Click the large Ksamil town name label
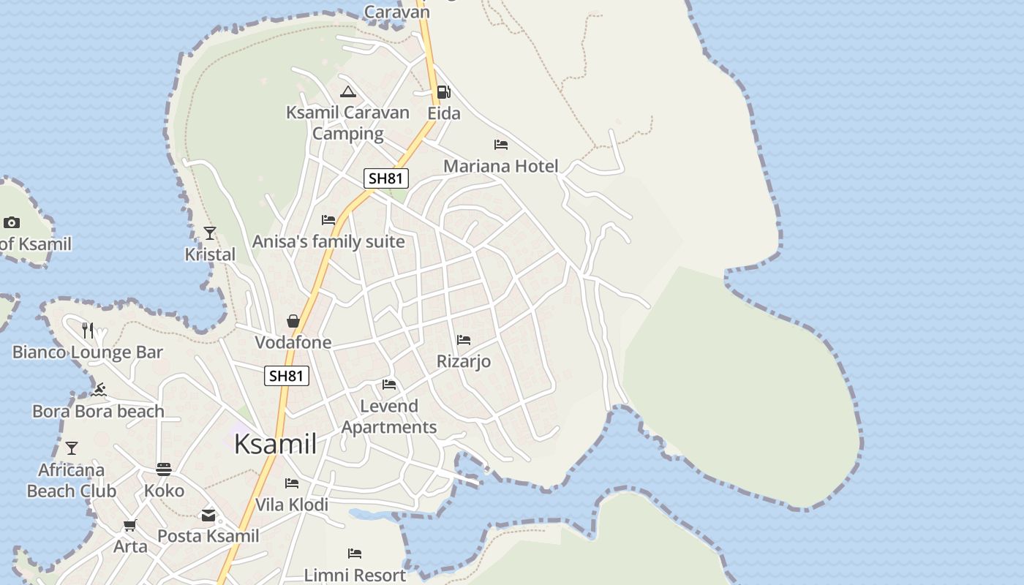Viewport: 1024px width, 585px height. (x=276, y=444)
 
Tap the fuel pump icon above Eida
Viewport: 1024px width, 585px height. (x=443, y=92)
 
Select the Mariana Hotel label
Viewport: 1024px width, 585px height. (x=500, y=166)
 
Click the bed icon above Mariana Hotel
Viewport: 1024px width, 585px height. (x=501, y=145)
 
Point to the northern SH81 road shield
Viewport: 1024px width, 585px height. (x=386, y=178)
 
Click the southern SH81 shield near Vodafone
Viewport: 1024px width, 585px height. (x=287, y=376)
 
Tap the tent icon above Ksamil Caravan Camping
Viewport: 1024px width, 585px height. (x=348, y=92)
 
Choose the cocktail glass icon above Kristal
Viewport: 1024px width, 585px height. (x=210, y=233)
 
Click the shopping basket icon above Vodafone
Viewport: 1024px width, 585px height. (x=293, y=321)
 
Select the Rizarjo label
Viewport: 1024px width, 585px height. (x=464, y=361)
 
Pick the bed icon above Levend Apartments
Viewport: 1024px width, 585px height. (x=389, y=385)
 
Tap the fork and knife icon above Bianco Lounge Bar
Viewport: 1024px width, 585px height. (x=88, y=331)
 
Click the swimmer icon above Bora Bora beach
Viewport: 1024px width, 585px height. (x=99, y=390)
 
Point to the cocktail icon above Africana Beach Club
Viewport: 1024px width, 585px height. (x=72, y=448)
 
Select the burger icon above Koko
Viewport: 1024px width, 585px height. (x=164, y=469)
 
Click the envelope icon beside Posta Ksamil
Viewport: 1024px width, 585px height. (x=208, y=516)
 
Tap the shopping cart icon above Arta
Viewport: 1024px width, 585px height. (x=130, y=525)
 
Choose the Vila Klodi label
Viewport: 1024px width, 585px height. (x=292, y=505)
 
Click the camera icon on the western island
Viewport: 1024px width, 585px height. (x=12, y=222)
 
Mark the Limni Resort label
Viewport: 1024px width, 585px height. (x=355, y=575)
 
